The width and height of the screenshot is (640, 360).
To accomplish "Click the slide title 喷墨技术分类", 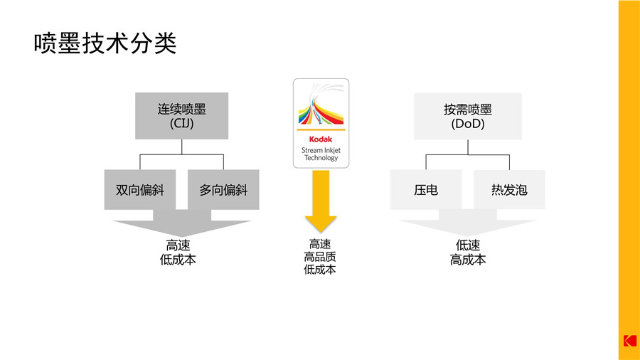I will click(x=105, y=43).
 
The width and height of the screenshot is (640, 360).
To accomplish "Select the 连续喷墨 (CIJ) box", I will click(x=182, y=116).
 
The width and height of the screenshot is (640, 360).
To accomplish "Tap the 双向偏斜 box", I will click(x=140, y=190).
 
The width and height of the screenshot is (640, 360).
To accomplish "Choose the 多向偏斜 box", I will click(x=224, y=190).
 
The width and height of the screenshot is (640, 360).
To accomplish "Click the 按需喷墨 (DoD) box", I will click(x=468, y=116).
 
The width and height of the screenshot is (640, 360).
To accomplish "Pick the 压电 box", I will click(x=426, y=190).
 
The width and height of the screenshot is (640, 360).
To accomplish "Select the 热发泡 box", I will click(x=509, y=190).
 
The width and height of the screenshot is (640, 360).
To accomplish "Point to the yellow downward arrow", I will click(x=321, y=203).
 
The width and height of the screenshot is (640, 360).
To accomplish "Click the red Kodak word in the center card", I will click(x=321, y=139).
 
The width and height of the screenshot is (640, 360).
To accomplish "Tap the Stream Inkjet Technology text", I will click(x=321, y=154).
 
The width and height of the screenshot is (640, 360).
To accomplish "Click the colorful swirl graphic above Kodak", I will click(x=321, y=107).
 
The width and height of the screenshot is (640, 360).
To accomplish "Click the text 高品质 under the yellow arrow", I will click(x=320, y=257).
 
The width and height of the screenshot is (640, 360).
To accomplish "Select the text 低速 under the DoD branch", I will click(x=468, y=245).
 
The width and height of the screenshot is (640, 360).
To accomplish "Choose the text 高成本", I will click(x=468, y=260).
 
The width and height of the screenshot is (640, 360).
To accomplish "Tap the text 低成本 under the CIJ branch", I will click(x=178, y=260).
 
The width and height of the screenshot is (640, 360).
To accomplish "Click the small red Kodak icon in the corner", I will click(x=629, y=341).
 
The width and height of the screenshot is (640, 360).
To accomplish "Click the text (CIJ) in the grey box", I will click(x=182, y=124).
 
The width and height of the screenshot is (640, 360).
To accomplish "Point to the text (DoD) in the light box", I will click(x=468, y=124).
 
